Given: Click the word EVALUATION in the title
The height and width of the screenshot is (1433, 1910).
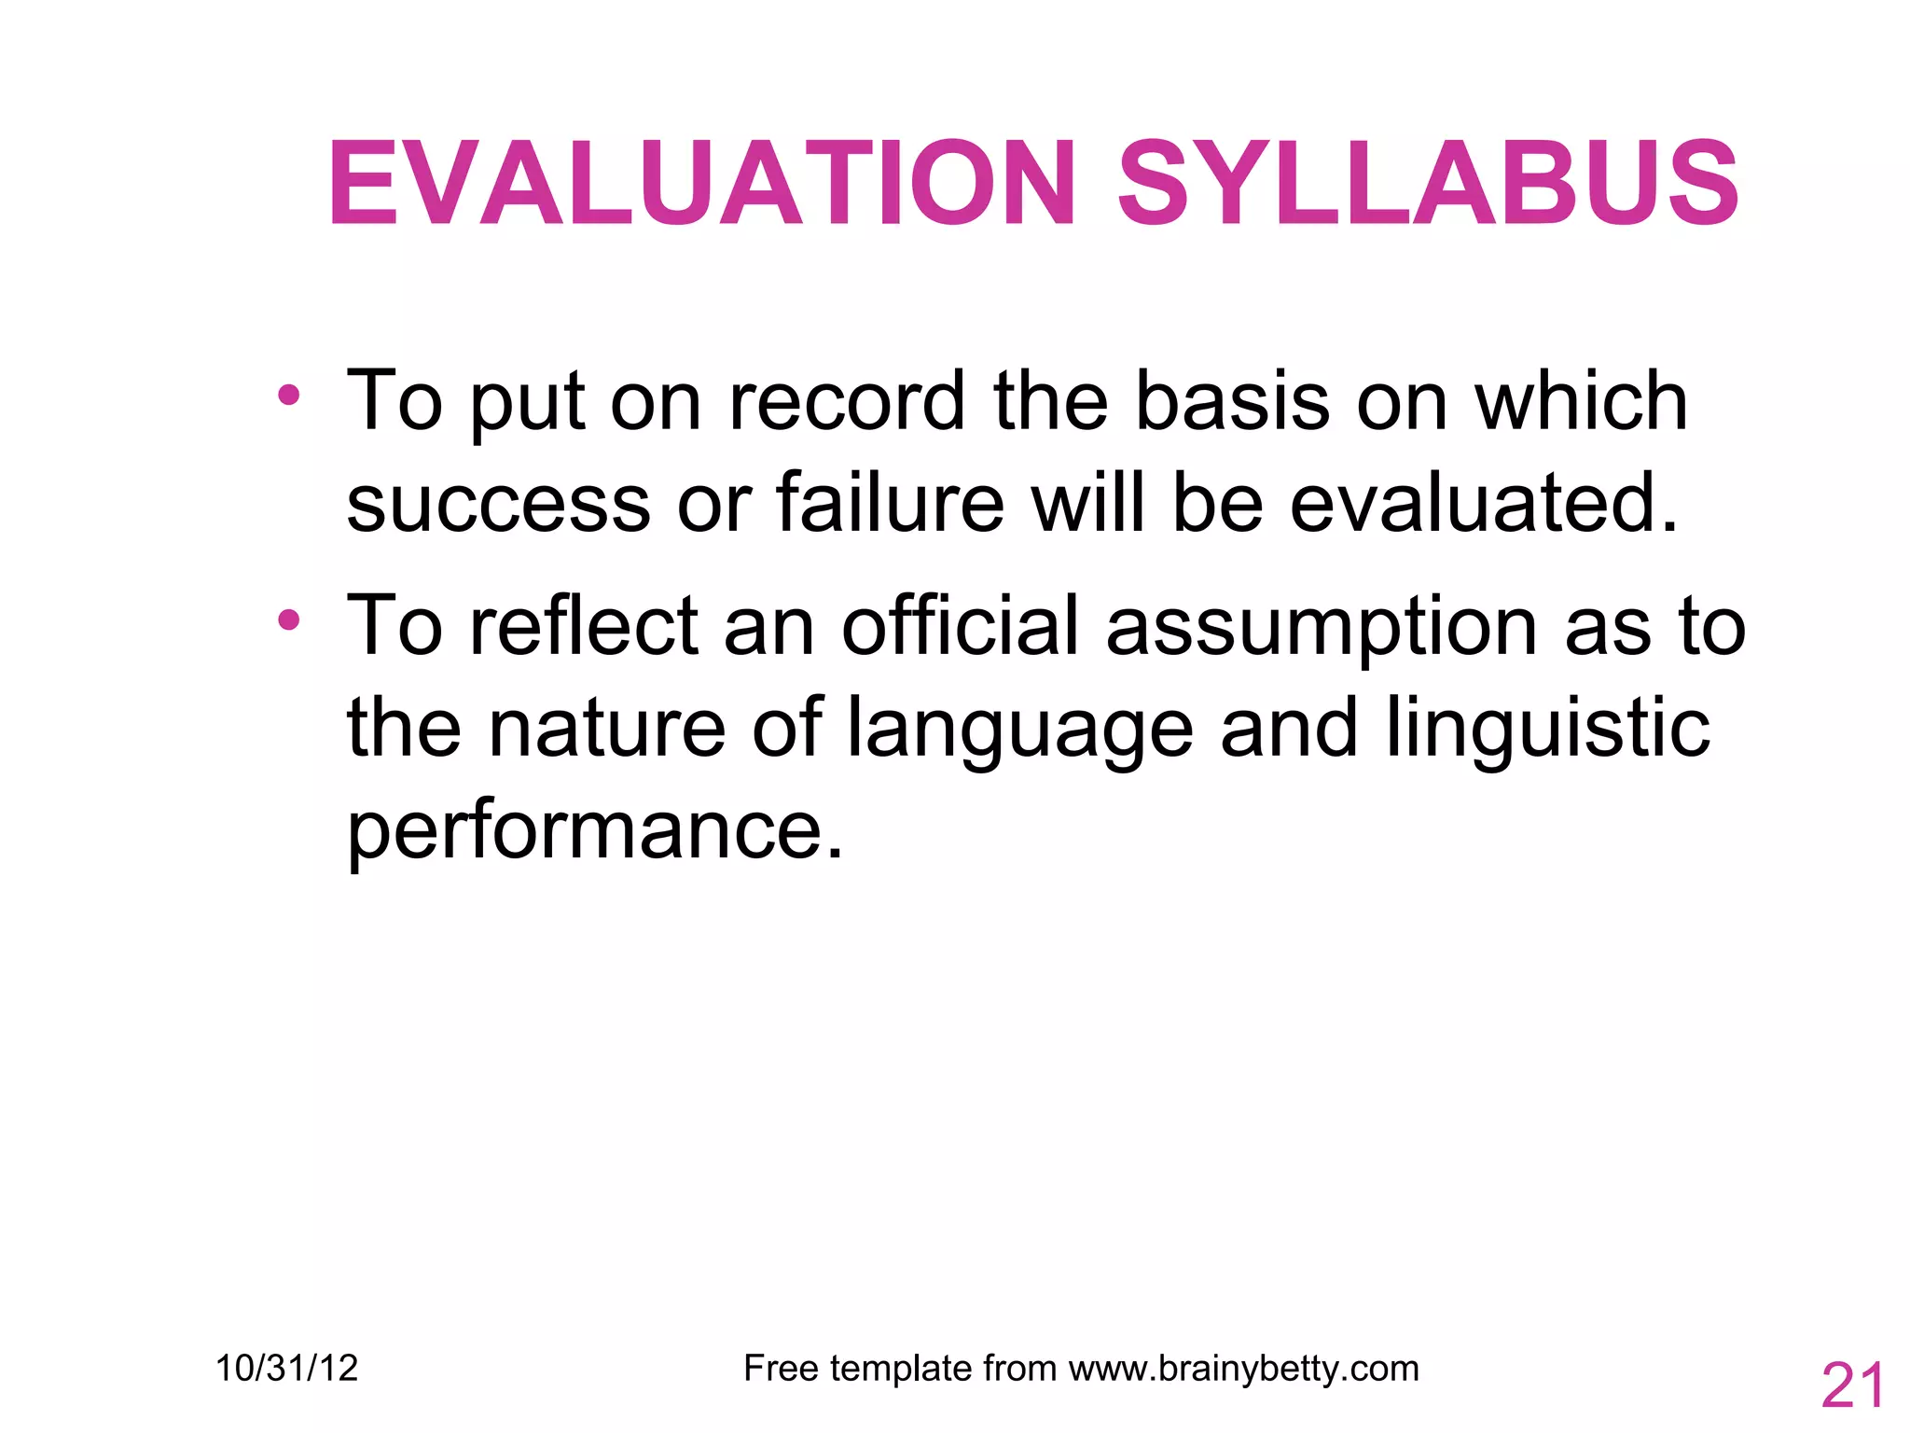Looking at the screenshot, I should [701, 183].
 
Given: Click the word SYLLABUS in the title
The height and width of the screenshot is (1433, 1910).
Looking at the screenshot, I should [1427, 183].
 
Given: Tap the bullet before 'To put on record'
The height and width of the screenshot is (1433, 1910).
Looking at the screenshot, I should [289, 395].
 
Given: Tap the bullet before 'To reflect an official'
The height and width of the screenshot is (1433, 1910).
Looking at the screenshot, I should [289, 619].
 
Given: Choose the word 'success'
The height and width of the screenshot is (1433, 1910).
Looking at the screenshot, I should [498, 504].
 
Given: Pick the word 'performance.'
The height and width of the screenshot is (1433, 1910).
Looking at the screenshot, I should [595, 832].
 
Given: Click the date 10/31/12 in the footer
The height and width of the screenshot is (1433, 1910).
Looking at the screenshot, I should [286, 1369].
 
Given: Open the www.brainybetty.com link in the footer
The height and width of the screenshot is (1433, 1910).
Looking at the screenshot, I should [1243, 1370].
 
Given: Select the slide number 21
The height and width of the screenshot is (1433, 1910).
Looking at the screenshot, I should [1852, 1386].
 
